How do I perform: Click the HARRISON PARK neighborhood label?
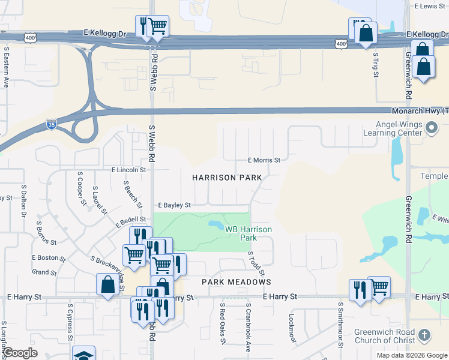pyautogui.click(x=227, y=178)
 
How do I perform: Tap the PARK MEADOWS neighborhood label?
pyautogui.click(x=237, y=281)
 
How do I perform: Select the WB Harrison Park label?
pyautogui.click(x=249, y=233)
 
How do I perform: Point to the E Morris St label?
pyautogui.click(x=264, y=160)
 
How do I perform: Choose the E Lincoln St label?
pyautogui.click(x=128, y=170)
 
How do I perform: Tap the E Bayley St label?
pyautogui.click(x=174, y=205)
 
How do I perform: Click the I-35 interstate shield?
pyautogui.click(x=52, y=125)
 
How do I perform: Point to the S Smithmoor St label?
pyautogui.click(x=340, y=324)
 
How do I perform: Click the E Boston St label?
pyautogui.click(x=49, y=257)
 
